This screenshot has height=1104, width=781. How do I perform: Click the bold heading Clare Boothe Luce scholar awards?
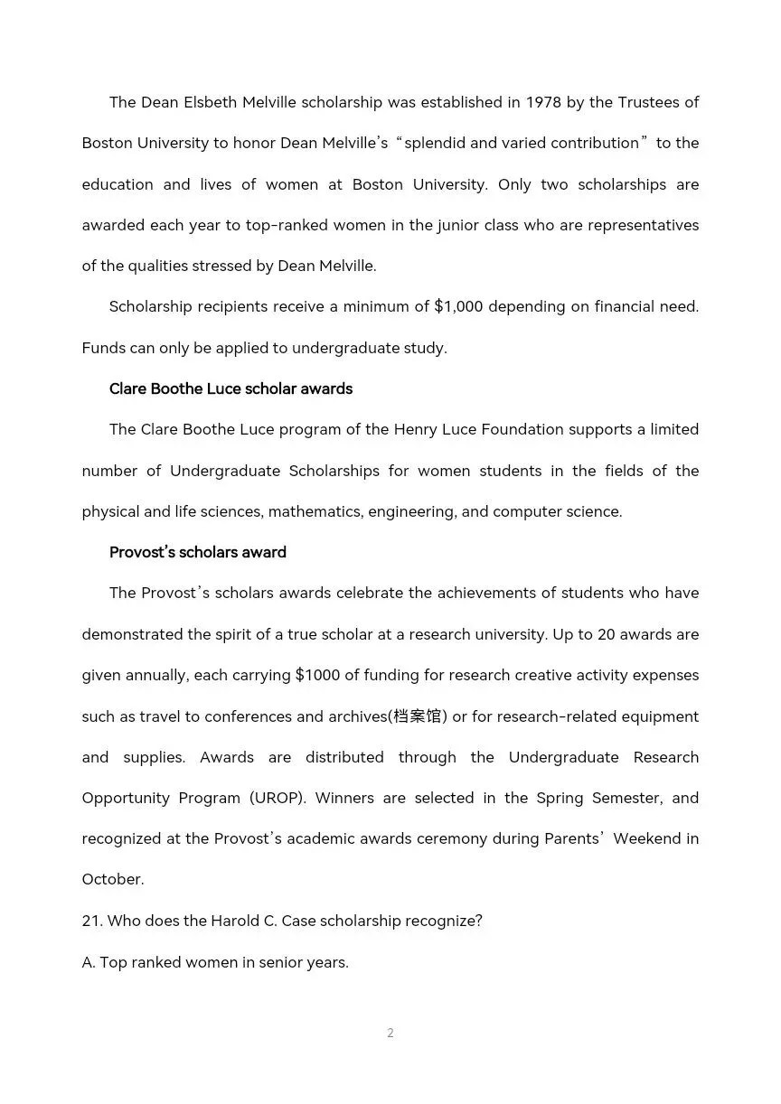(231, 388)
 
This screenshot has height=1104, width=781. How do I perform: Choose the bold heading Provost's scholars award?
(197, 552)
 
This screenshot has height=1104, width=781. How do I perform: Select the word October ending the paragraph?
(112, 879)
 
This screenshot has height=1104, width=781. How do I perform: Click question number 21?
(91, 921)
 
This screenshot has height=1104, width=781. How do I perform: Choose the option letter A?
(88, 962)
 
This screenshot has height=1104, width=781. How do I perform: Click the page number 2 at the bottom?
(390, 1033)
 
